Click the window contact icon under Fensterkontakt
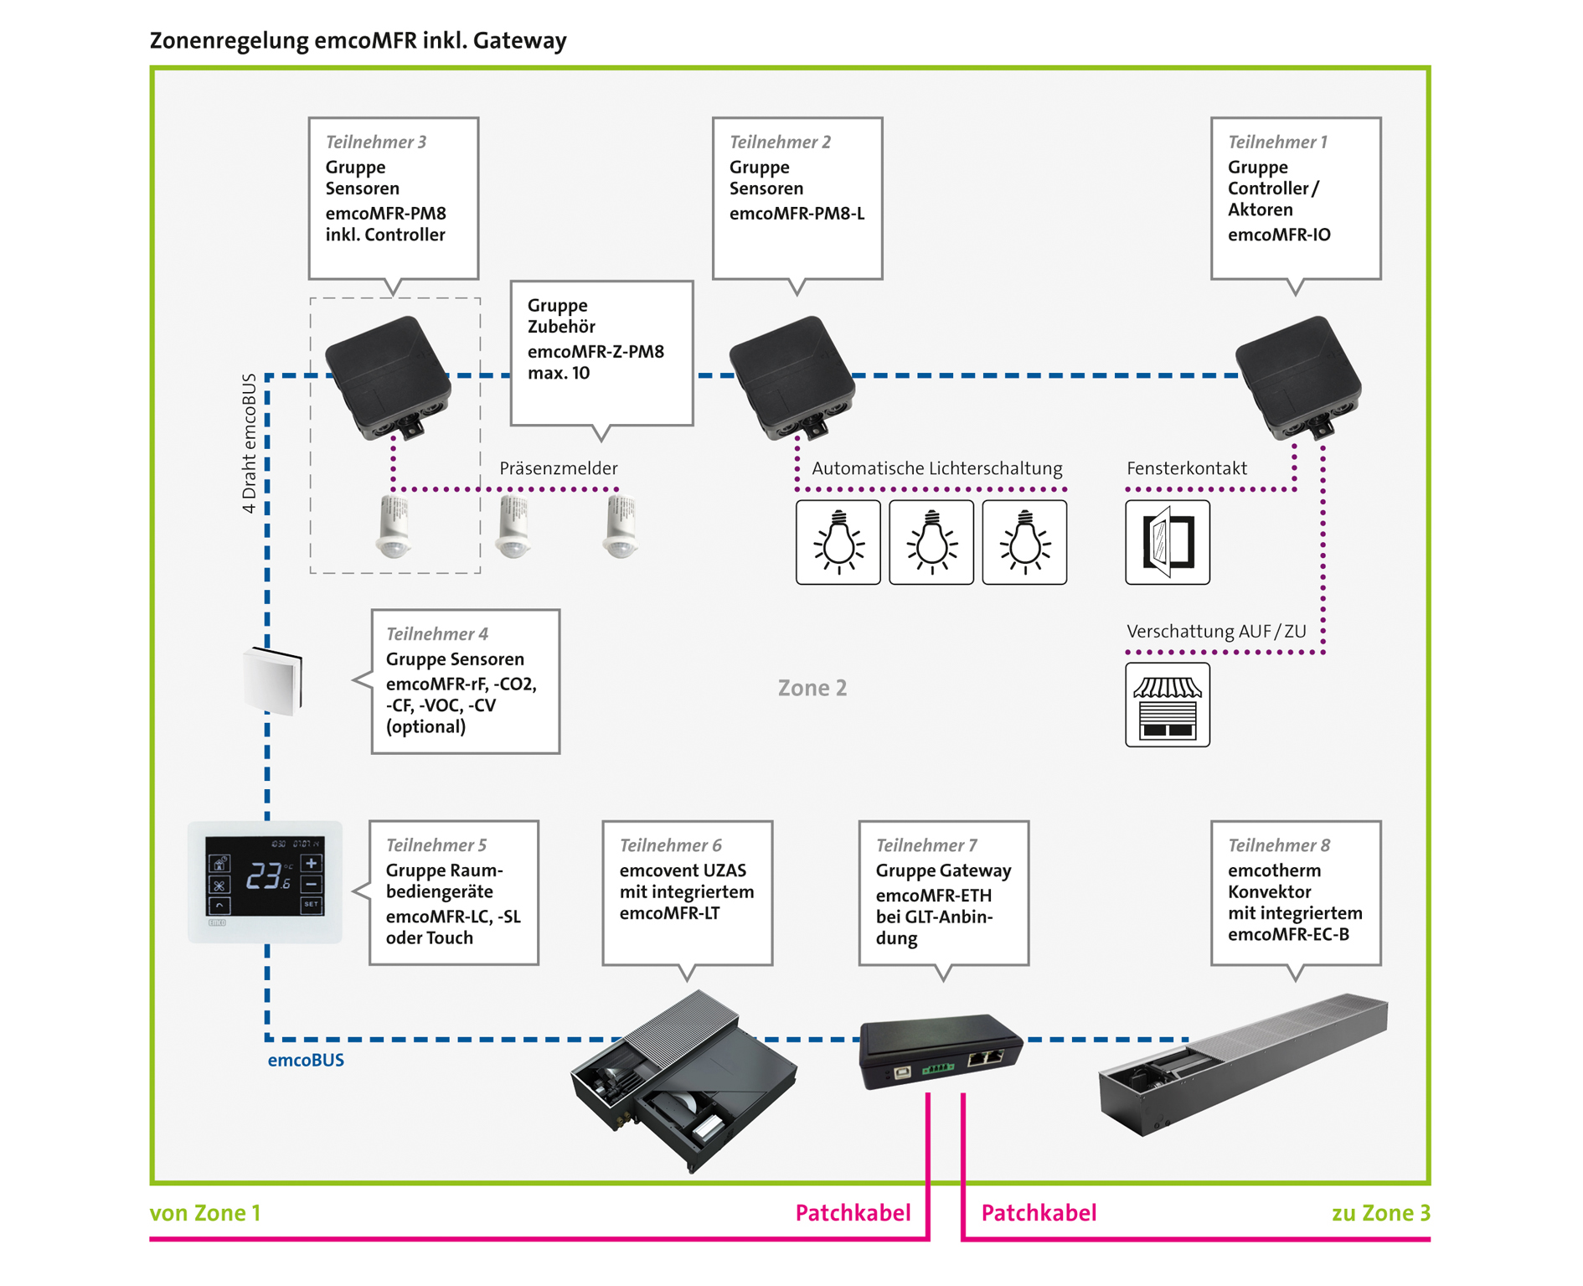click(1167, 542)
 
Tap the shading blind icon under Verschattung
click(1167, 705)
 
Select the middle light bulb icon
click(931, 542)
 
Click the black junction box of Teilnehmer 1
click(1298, 377)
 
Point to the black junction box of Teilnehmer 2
click(791, 377)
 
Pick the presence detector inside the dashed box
click(394, 526)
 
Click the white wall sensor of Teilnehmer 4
click(272, 680)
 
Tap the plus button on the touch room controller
click(311, 864)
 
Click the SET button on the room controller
click(311, 905)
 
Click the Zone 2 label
click(812, 688)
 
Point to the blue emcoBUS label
click(306, 1060)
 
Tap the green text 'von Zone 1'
click(205, 1212)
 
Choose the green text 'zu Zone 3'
click(1380, 1212)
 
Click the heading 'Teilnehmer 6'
click(670, 845)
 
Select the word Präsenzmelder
click(559, 468)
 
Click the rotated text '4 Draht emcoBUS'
click(249, 443)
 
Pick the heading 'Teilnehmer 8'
click(1279, 845)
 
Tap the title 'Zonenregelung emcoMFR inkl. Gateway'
click(358, 40)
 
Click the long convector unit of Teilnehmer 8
click(1243, 1064)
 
